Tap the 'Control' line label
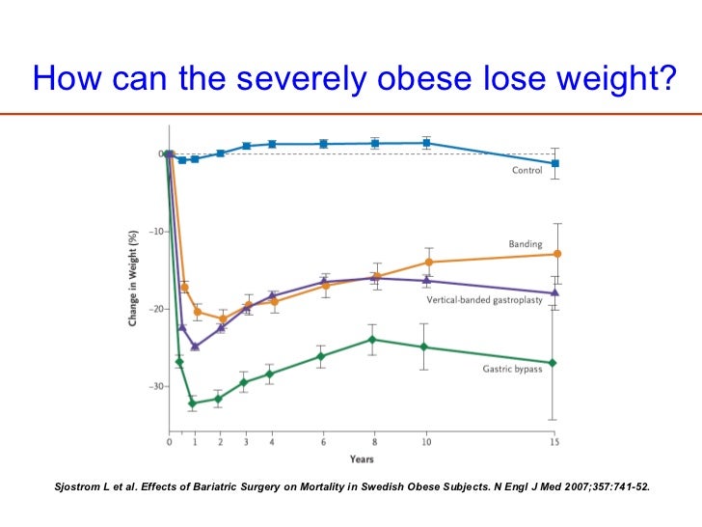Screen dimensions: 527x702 pyautogui.click(x=526, y=171)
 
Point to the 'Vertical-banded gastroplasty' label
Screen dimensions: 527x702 pyautogui.click(x=485, y=301)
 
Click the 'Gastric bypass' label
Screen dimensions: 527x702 pyautogui.click(x=512, y=369)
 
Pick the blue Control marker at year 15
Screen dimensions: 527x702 pyautogui.click(x=554, y=163)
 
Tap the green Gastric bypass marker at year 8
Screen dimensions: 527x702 pyautogui.click(x=372, y=339)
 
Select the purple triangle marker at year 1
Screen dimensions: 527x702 pyautogui.click(x=195, y=346)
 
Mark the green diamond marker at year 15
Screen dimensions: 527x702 pyautogui.click(x=553, y=363)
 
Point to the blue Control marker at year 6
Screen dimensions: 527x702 pyautogui.click(x=323, y=144)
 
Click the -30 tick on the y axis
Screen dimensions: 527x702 pyautogui.click(x=153, y=386)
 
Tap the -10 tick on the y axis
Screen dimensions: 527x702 pyautogui.click(x=153, y=232)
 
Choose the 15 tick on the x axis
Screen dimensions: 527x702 pyautogui.click(x=554, y=442)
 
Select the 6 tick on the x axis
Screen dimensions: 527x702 pyautogui.click(x=323, y=442)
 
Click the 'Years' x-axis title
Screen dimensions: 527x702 pyautogui.click(x=362, y=458)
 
